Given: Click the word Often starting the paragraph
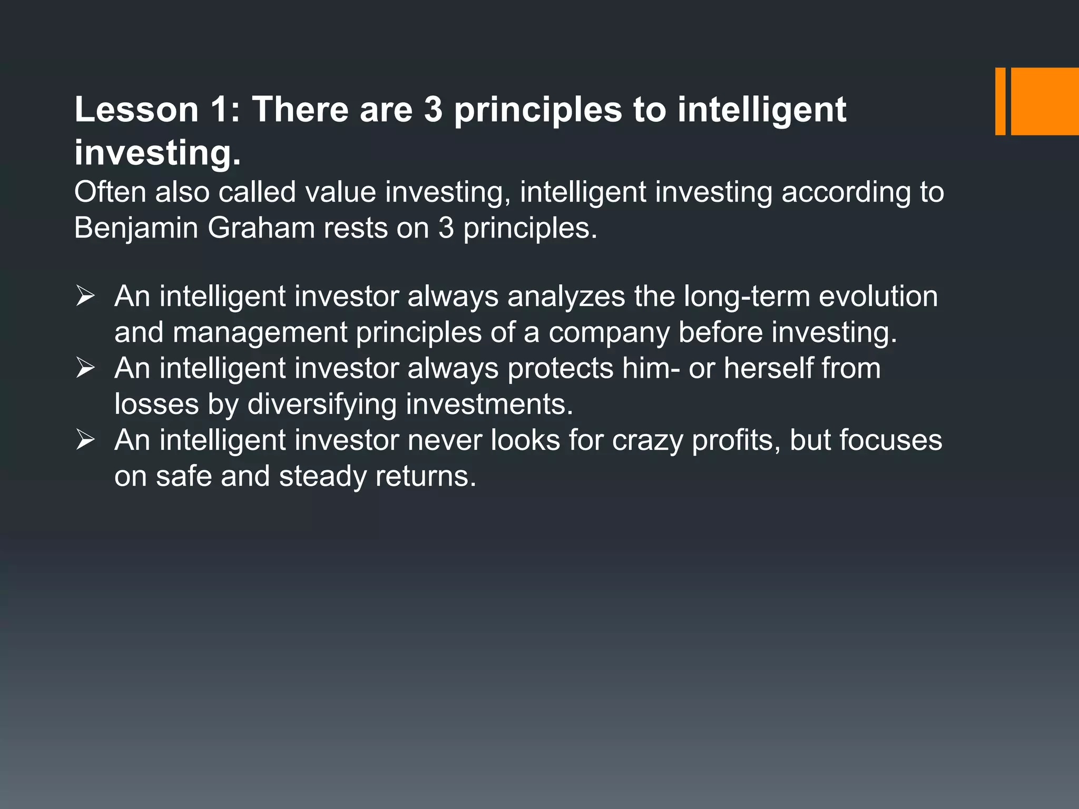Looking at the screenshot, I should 110,192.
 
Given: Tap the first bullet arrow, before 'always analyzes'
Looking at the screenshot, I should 85,295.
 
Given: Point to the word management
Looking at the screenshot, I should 260,332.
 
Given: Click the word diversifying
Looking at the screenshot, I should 322,404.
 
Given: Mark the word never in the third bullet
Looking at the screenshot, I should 444,440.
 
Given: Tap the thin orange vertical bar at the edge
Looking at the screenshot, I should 1000,101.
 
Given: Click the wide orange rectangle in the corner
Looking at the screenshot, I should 1045,101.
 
